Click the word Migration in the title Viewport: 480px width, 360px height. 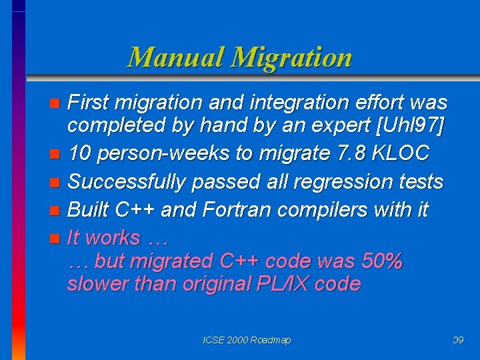[291, 57]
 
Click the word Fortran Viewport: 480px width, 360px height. [230, 209]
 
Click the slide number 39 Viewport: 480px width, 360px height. [458, 340]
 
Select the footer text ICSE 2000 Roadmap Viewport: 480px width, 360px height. [247, 340]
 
